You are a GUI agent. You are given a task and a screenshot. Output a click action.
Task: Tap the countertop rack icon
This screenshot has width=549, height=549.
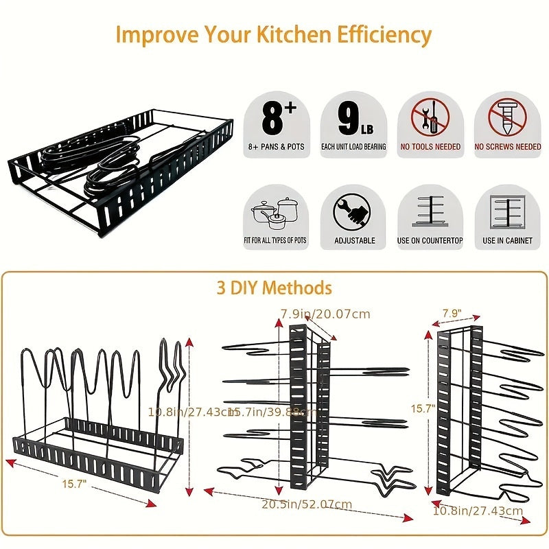pyautogui.click(x=430, y=213)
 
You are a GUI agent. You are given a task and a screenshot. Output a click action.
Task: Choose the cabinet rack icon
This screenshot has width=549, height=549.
pyautogui.click(x=507, y=213)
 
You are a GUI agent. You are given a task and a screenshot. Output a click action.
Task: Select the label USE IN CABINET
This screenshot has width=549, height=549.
pyautogui.click(x=507, y=241)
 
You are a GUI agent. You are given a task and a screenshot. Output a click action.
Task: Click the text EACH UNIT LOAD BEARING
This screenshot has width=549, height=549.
pyautogui.click(x=354, y=147)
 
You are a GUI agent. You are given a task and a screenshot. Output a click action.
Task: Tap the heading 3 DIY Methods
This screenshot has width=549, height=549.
pyautogui.click(x=274, y=287)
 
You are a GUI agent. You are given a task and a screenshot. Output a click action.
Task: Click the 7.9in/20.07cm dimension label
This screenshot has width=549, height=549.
pyautogui.click(x=325, y=314)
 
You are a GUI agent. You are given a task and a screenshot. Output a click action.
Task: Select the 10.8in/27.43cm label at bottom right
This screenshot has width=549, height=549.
pyautogui.click(x=478, y=511)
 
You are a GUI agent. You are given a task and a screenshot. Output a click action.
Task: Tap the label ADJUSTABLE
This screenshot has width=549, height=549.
pyautogui.click(x=354, y=241)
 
